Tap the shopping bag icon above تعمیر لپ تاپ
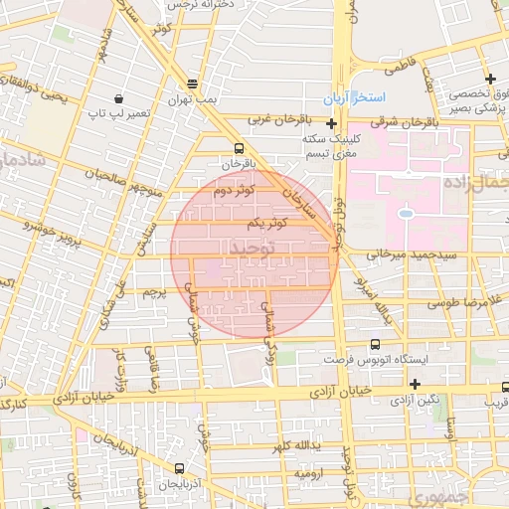coord(119,98)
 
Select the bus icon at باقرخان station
coord(236,148)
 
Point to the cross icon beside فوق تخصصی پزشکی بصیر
coord(489,79)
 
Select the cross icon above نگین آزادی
coord(415,384)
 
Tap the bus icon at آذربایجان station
coord(180,467)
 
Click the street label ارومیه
coord(305,473)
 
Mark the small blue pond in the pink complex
coord(406,212)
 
